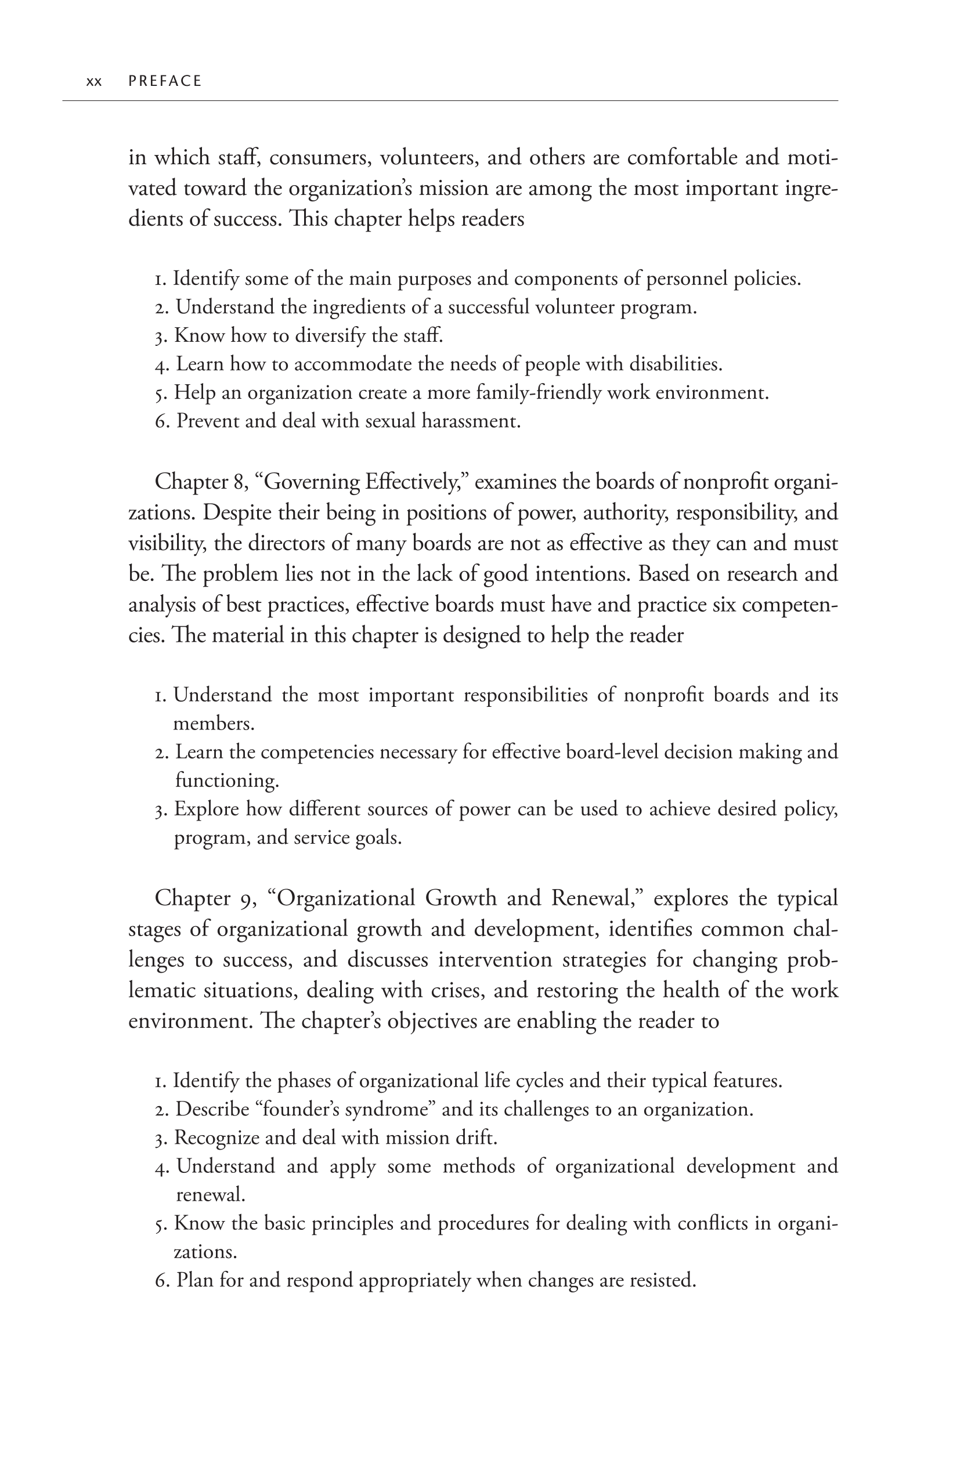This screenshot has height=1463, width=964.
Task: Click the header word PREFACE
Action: point(165,81)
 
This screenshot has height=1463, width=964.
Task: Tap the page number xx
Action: point(93,82)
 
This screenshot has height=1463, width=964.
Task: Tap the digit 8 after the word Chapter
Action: point(240,482)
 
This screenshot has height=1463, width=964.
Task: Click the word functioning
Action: point(226,781)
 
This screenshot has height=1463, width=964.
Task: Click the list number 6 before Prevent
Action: point(161,422)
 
